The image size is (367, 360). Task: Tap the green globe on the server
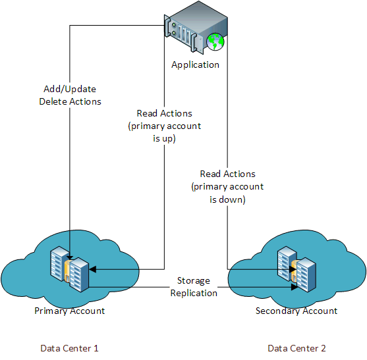click(x=216, y=42)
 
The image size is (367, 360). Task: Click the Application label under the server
click(x=195, y=64)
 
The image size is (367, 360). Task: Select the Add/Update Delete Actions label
click(x=70, y=96)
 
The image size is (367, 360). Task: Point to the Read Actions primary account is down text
click(x=227, y=186)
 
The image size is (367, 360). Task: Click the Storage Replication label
click(x=194, y=287)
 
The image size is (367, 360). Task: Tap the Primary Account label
click(x=69, y=311)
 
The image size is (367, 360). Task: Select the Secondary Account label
click(x=296, y=311)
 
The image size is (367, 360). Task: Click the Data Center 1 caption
click(x=69, y=348)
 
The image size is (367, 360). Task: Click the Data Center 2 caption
click(x=296, y=348)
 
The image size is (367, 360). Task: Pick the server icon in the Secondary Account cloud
click(x=296, y=269)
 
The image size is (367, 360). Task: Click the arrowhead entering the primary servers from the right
click(x=92, y=269)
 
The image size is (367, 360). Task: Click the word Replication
click(x=194, y=293)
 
